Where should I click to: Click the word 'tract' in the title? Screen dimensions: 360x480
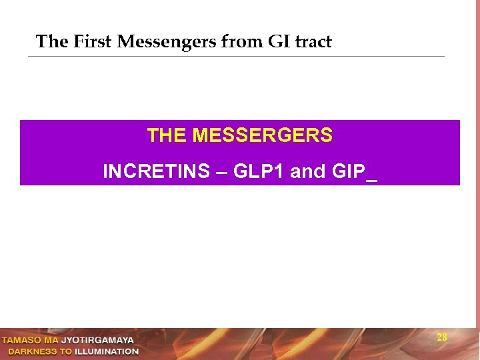pos(313,42)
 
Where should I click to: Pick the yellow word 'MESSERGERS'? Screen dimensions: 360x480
pos(262,136)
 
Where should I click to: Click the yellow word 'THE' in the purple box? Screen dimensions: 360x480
pos(167,136)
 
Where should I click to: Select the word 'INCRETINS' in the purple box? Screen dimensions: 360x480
pos(156,172)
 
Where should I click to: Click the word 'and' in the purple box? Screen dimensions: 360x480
pos(308,172)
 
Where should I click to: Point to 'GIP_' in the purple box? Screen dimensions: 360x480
pos(353,172)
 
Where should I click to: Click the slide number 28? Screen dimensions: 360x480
pos(442,337)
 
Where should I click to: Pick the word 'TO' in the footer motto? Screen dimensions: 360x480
pos(65,351)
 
